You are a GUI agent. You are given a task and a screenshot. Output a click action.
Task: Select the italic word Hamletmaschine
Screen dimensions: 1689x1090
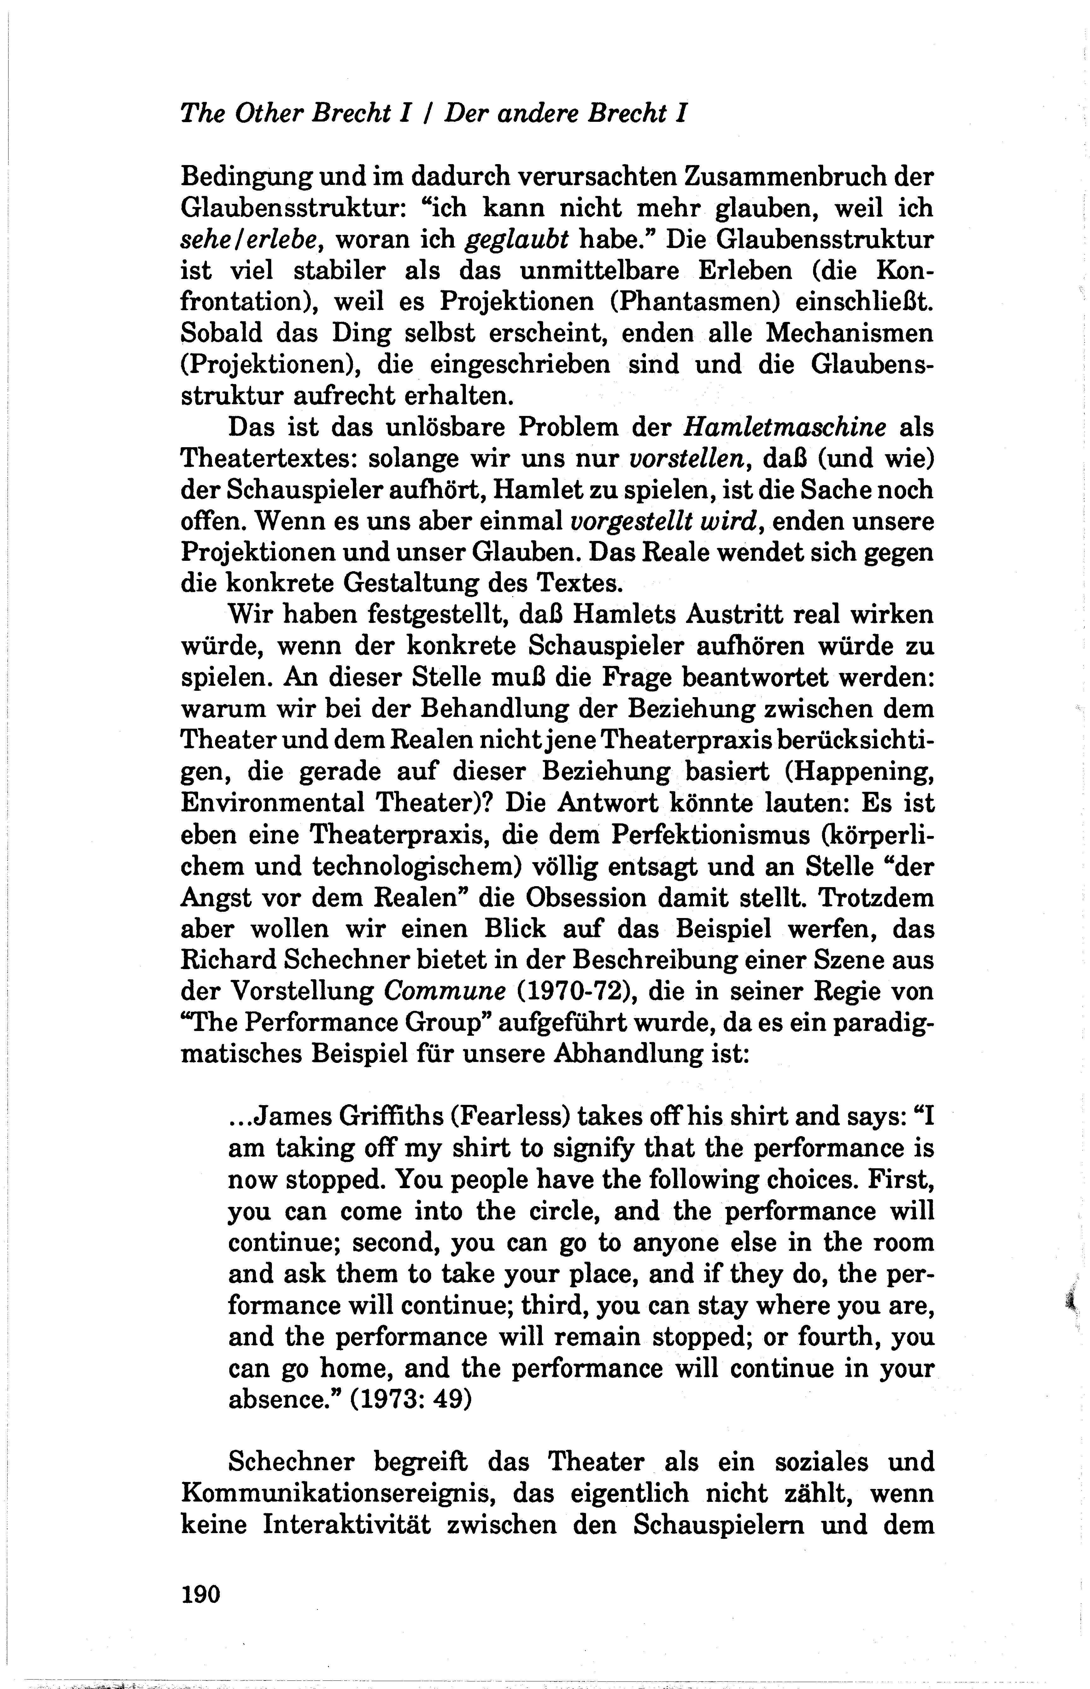(785, 428)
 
